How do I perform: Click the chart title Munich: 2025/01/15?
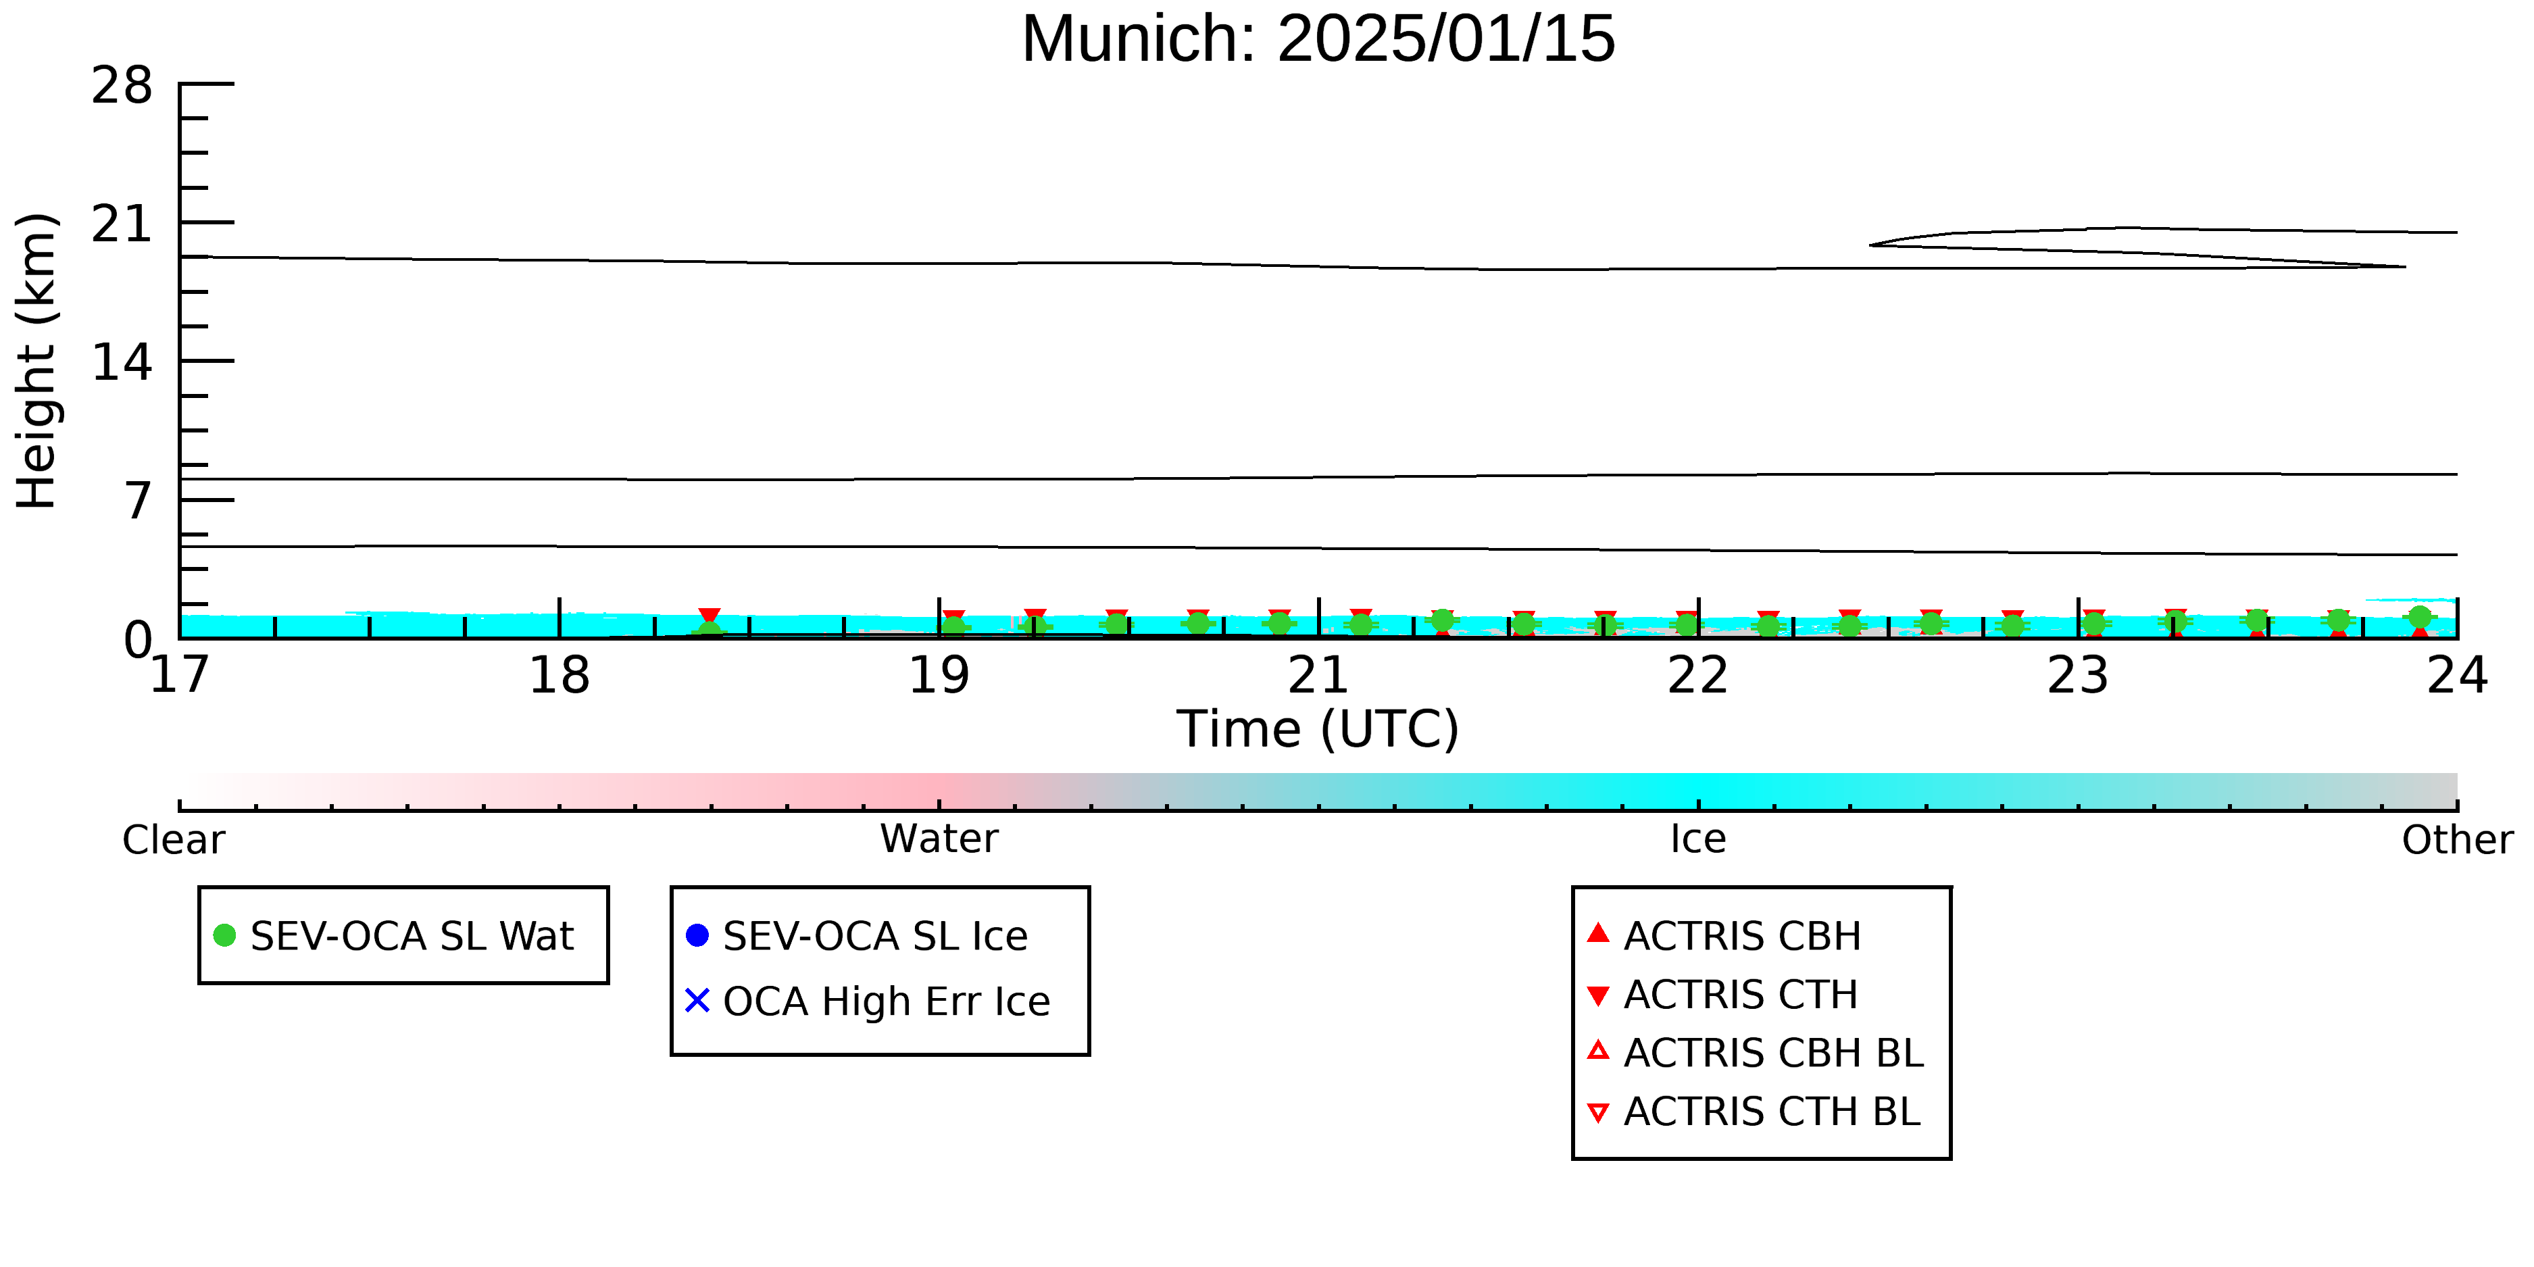(x=1318, y=39)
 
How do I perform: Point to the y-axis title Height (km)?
(x=37, y=361)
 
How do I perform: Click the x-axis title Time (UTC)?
(x=1318, y=730)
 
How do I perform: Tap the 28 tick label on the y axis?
(x=122, y=86)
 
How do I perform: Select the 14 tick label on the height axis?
(x=122, y=363)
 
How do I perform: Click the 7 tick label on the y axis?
(x=139, y=501)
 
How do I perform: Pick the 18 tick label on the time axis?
(x=559, y=676)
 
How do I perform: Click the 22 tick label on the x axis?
(x=1698, y=676)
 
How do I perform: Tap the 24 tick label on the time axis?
(x=2457, y=676)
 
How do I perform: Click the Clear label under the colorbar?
(x=173, y=840)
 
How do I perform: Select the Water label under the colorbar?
(x=939, y=839)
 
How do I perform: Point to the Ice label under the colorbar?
(x=1698, y=839)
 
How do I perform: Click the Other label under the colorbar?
(x=2457, y=840)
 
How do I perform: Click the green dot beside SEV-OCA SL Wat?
(x=224, y=935)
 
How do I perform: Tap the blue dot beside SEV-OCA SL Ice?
(x=697, y=935)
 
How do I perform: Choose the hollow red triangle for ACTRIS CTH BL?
(x=1599, y=1114)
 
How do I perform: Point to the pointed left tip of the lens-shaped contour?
(x=1870, y=245)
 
